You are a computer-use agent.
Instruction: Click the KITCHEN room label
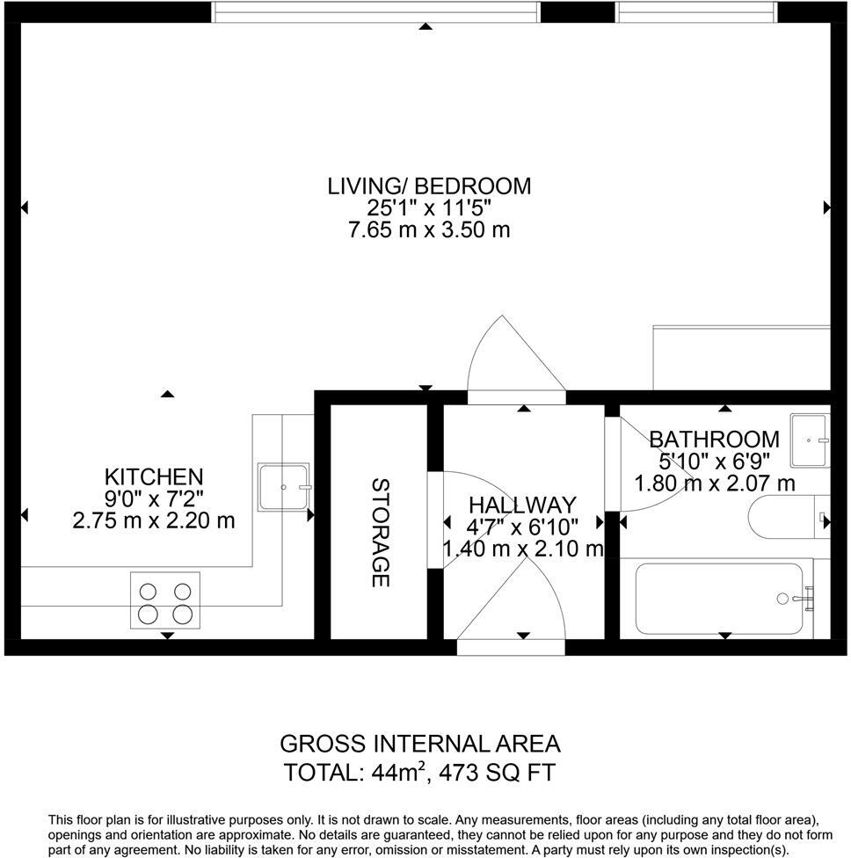[154, 476]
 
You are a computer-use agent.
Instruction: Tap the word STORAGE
[381, 533]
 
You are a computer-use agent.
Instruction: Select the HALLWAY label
[522, 505]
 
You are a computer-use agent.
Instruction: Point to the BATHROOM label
[714, 440]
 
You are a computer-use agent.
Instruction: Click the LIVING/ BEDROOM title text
[429, 186]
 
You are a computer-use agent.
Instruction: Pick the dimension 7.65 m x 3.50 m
[429, 229]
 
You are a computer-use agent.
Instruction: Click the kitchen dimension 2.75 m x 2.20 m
[154, 520]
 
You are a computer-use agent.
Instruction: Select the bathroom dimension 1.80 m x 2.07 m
[714, 484]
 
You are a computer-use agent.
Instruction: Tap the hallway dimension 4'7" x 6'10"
[522, 527]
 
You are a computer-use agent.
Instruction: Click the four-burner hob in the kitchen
[165, 600]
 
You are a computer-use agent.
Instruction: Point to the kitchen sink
[284, 487]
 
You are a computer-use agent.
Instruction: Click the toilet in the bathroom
[789, 517]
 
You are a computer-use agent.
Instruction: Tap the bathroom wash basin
[810, 440]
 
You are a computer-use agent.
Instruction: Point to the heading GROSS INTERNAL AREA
[420, 744]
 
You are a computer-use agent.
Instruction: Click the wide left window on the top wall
[375, 12]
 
